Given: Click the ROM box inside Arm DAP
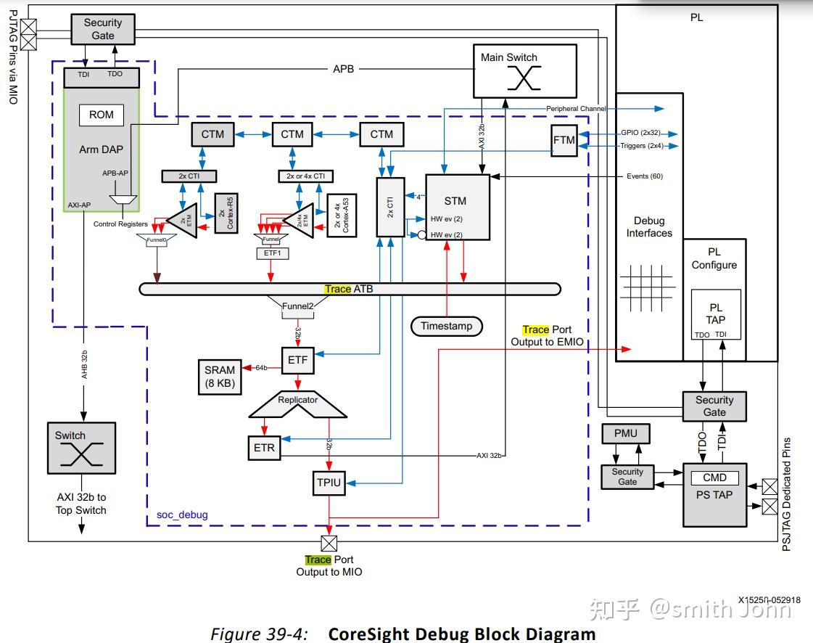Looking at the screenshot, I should [101, 115].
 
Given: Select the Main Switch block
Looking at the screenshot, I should [524, 71].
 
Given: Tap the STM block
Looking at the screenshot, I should [457, 208].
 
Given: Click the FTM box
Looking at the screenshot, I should [564, 140].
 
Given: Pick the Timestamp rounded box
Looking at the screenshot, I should [446, 327].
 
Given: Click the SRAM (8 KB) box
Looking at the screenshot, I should [220, 377].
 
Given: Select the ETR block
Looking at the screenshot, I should [264, 447].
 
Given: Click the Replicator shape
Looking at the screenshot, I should [297, 405].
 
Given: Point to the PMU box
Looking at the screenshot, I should [625, 433].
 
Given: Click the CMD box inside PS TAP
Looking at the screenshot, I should [714, 478].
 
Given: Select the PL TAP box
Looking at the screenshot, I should [716, 314].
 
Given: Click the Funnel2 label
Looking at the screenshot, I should [297, 306].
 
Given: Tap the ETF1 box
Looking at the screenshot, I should [271, 253].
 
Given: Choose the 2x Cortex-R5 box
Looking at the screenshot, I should [226, 213].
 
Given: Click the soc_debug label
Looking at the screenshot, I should [182, 515].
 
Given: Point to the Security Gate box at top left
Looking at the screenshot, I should [102, 29].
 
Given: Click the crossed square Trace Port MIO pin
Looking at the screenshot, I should [329, 543].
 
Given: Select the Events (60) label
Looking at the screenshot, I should [644, 176].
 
